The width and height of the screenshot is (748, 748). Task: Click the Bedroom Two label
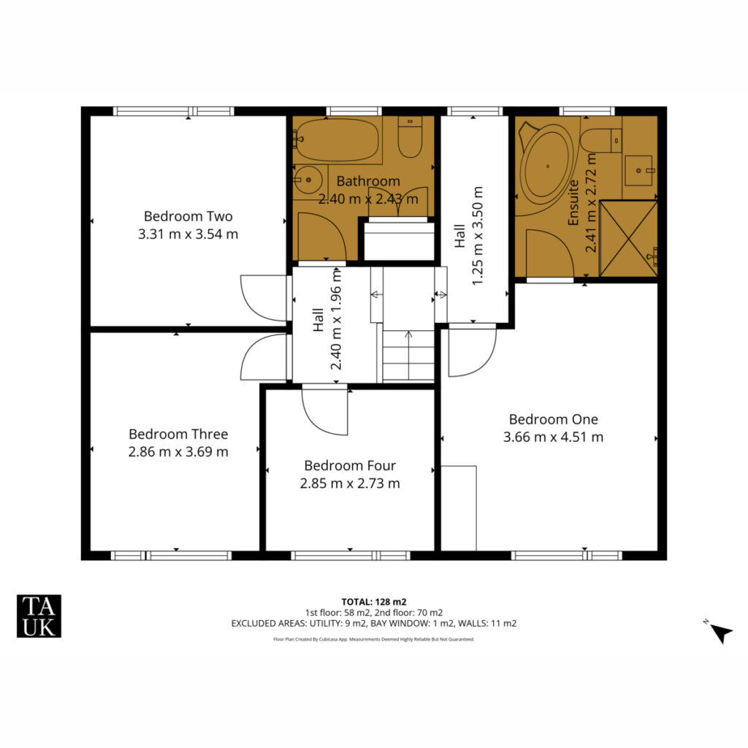[188, 216]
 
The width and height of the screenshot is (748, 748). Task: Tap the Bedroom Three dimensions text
[178, 451]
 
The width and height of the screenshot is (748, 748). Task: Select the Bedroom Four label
[350, 465]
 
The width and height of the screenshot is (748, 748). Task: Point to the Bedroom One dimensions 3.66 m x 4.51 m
[553, 437]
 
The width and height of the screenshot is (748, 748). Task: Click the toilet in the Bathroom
[411, 137]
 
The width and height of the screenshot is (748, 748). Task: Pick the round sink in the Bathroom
[308, 180]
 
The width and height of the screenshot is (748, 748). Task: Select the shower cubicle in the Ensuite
[628, 239]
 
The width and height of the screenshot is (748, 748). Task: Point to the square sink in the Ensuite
[638, 170]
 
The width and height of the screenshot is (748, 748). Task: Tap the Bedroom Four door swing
[325, 411]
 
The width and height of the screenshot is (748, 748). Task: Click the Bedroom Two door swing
[264, 298]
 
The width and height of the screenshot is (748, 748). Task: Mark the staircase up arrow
[408, 355]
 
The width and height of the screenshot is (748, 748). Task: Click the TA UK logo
[39, 616]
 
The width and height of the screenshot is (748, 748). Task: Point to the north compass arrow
[721, 634]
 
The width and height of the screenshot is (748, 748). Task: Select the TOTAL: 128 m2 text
[374, 602]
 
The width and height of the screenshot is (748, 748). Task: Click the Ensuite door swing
[549, 253]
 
